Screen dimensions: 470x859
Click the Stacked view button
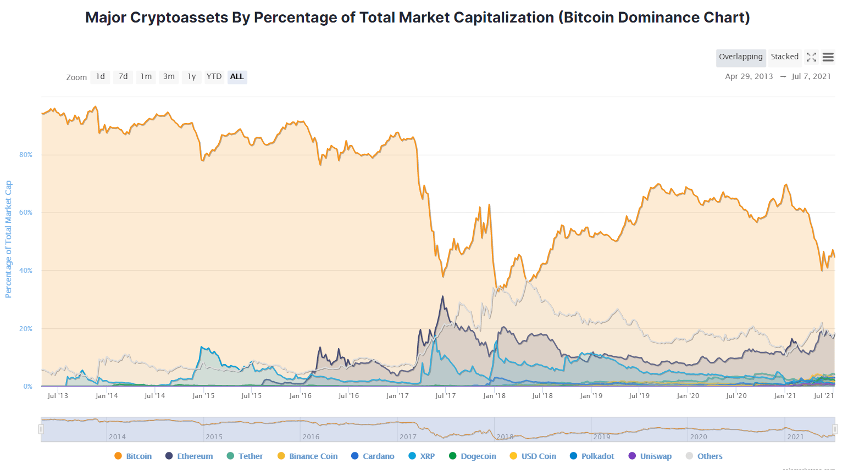[784, 57]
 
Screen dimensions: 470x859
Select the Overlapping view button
[740, 57]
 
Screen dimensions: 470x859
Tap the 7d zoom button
[123, 77]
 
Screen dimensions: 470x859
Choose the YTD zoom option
[214, 77]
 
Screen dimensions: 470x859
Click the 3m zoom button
[169, 77]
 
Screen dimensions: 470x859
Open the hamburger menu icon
[828, 57]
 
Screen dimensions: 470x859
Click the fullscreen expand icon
[811, 57]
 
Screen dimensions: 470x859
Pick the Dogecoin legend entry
[473, 456]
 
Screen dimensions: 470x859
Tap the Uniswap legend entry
[650, 456]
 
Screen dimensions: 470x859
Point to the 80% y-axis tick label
[26, 155]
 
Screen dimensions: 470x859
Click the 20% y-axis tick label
[26, 329]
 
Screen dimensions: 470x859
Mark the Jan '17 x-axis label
[397, 396]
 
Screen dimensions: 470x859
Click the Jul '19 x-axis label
[639, 396]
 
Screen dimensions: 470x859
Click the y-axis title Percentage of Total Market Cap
[8, 239]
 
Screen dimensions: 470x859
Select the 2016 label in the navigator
[311, 437]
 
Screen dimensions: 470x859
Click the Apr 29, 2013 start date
[749, 77]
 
